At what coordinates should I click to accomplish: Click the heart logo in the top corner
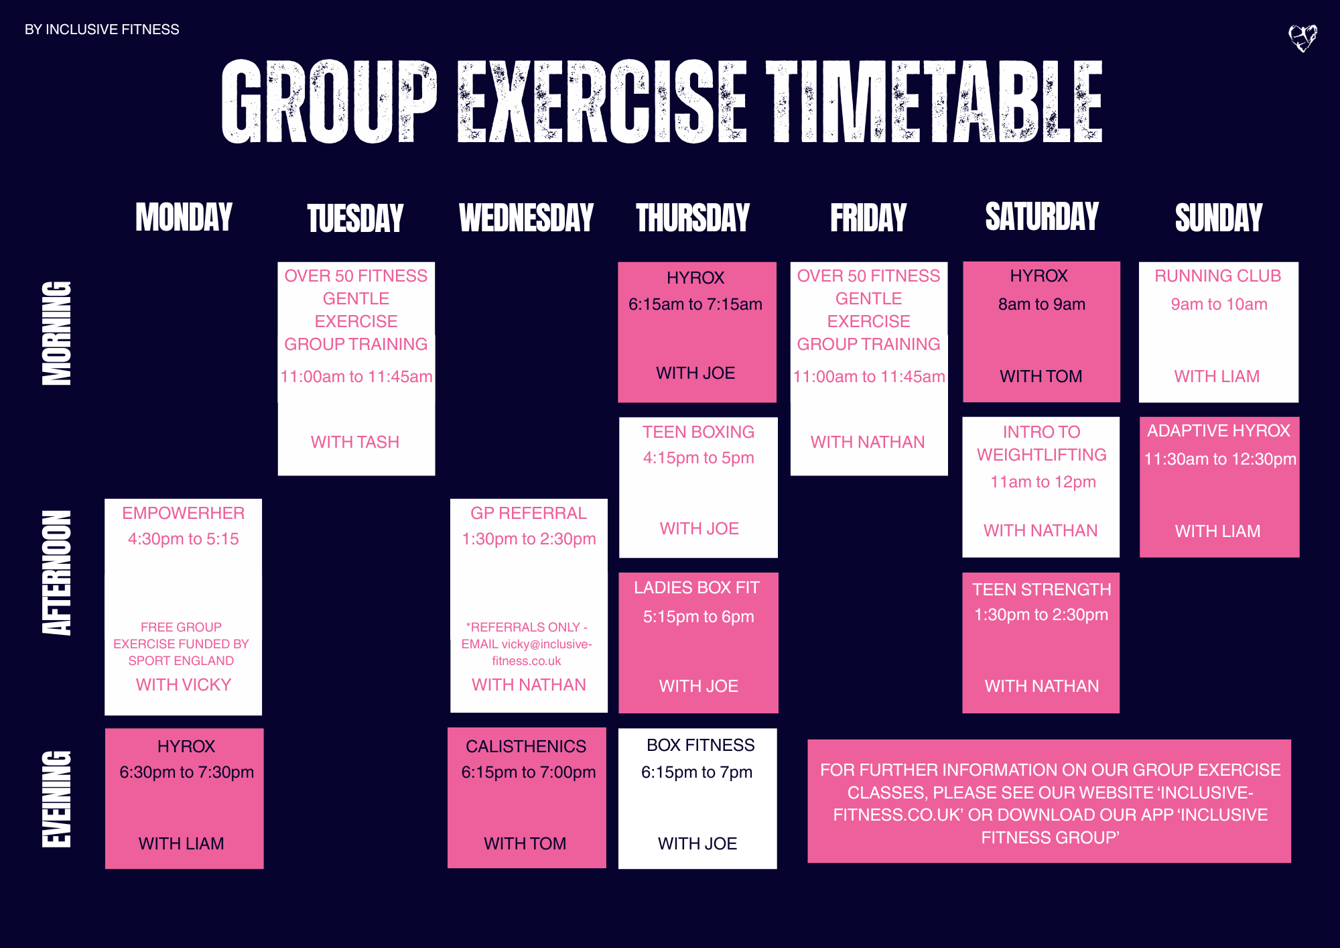[1302, 38]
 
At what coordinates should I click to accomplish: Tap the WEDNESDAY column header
[527, 218]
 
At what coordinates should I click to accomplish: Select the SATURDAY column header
[1042, 217]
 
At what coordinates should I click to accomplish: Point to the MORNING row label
[57, 333]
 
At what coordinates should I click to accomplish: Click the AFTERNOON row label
[57, 573]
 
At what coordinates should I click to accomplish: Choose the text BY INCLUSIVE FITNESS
[102, 29]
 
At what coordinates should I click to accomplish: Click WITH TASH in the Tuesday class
[355, 442]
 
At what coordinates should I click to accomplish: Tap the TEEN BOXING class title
[698, 432]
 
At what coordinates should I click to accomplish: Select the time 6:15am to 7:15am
[695, 304]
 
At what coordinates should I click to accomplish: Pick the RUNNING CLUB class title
[1217, 276]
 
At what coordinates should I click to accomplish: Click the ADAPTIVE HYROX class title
[1218, 431]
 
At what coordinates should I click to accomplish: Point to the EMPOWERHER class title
[183, 514]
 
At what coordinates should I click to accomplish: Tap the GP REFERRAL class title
[529, 514]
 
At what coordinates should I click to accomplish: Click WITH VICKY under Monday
[183, 685]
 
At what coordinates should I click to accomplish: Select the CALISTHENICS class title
[526, 747]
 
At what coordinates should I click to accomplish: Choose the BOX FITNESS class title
[700, 746]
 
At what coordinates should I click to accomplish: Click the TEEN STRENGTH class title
[1041, 590]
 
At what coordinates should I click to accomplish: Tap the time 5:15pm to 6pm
[698, 617]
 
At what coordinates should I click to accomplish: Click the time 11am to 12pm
[1043, 482]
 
